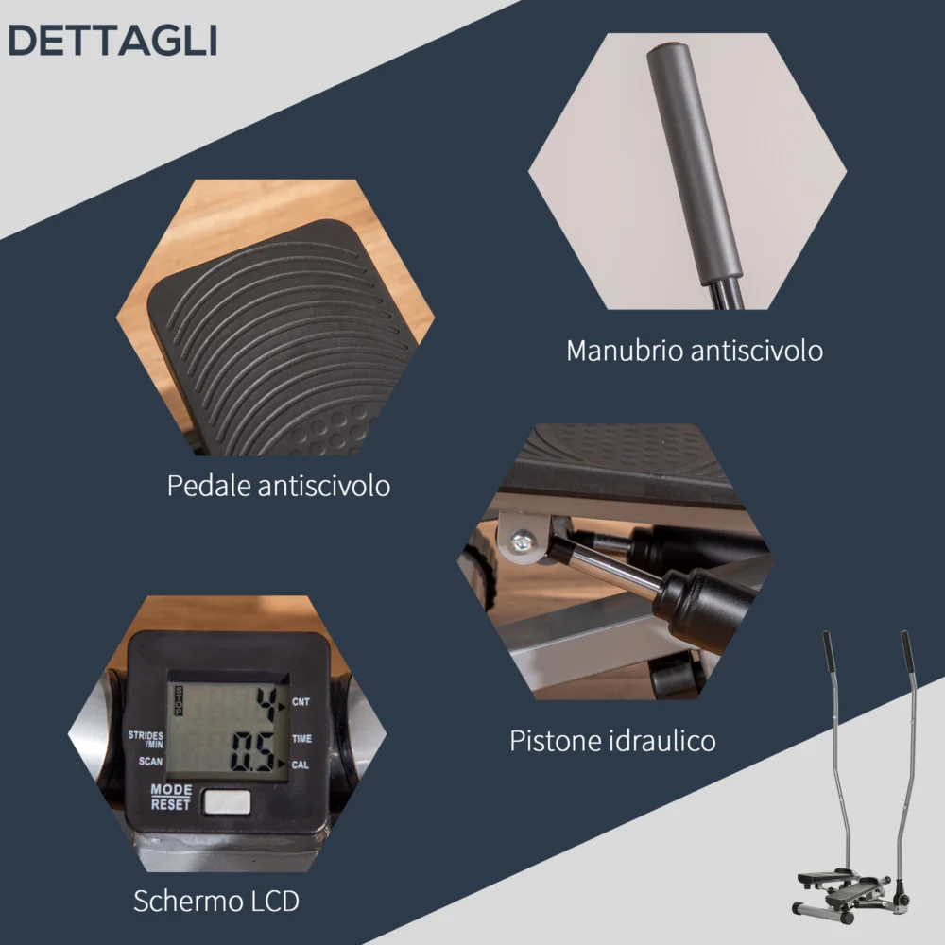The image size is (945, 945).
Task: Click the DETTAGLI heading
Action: tap(112, 41)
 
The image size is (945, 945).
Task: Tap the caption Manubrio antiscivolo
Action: tap(695, 351)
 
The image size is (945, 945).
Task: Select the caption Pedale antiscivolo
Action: tap(279, 485)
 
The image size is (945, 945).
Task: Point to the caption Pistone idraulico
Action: tap(612, 740)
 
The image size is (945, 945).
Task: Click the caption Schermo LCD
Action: tap(216, 901)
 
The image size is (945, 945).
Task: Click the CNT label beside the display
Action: tap(301, 701)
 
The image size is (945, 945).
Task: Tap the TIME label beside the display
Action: tap(302, 738)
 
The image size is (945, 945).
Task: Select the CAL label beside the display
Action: tap(301, 765)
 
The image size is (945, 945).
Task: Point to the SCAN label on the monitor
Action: tap(150, 761)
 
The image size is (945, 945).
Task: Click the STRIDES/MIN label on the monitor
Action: tap(146, 740)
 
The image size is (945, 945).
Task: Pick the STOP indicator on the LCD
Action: tap(179, 701)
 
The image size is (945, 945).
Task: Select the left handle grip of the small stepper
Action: tap(830, 651)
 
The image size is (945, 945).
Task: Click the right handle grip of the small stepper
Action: tap(907, 651)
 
